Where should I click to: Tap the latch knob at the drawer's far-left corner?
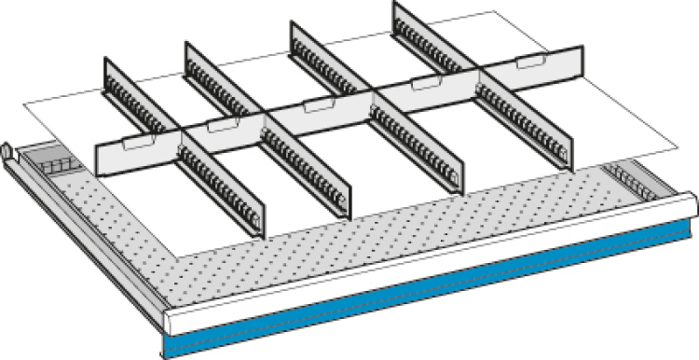pos(8,150)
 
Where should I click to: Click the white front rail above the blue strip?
pos(429,256)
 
